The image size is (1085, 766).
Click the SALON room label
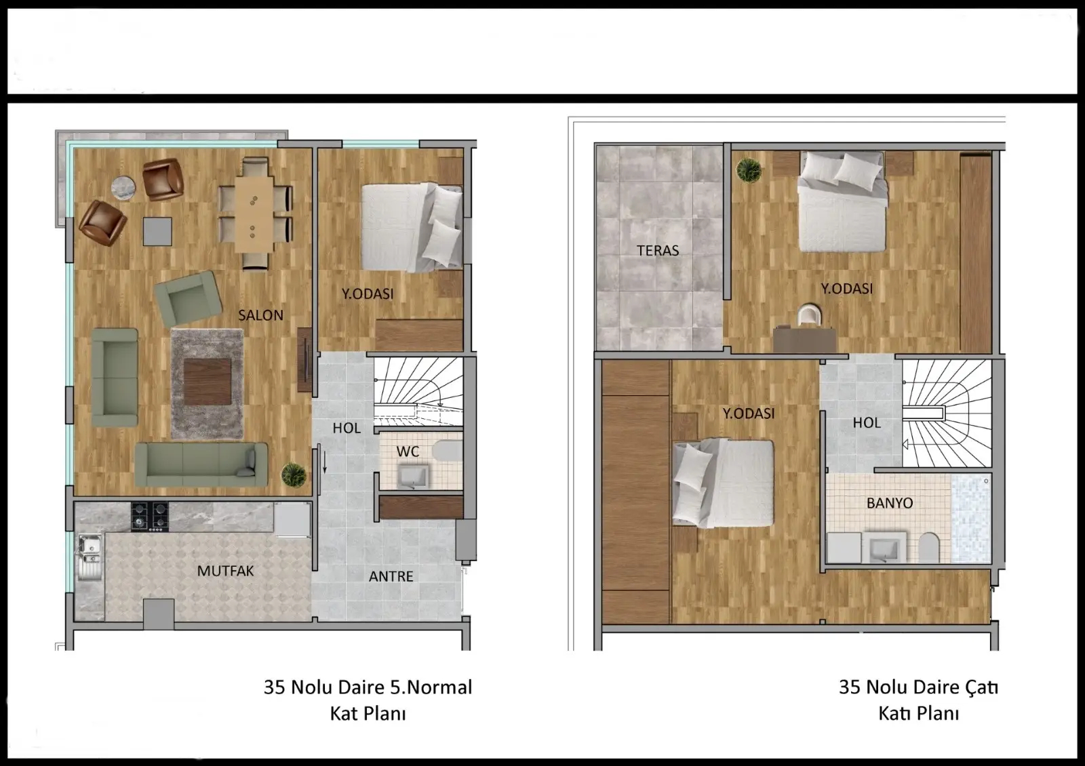pos(260,315)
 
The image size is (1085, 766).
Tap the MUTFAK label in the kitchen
pos(225,571)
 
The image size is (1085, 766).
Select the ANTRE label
pos(391,576)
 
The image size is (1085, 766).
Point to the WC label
pos(408,451)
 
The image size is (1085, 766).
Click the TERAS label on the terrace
pos(658,250)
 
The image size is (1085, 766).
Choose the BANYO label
pos(890,503)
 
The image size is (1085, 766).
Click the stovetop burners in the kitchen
pos(150,517)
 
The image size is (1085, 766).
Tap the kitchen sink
pos(90,557)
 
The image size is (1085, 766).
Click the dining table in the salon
pos(254,214)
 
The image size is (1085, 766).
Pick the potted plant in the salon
pos(294,475)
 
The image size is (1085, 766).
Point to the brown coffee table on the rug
pos(208,382)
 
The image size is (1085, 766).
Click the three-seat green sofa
pos(201,464)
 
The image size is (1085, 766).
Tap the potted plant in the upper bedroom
pos(749,170)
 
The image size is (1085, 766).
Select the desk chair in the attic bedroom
pos(809,315)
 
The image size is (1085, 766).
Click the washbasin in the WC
pos(413,477)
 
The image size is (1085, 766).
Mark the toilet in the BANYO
pos(928,548)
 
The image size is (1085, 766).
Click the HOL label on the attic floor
pos(867,423)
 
